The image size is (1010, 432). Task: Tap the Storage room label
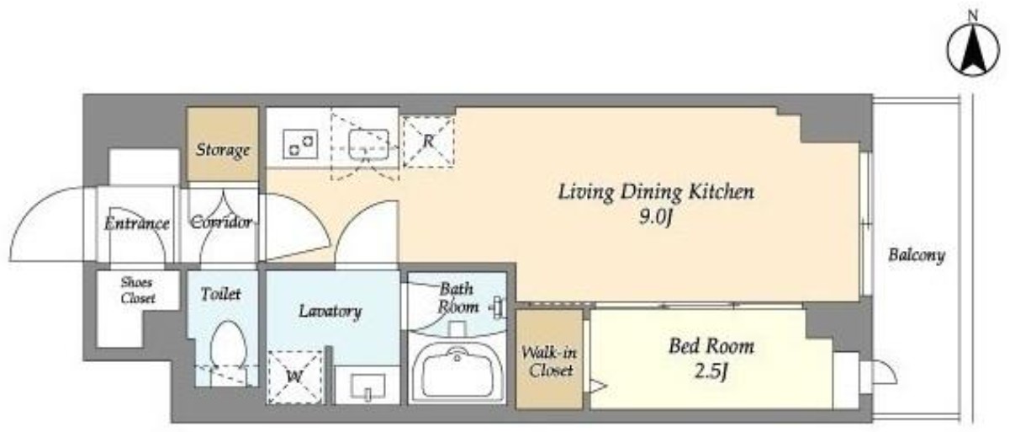[x=223, y=150]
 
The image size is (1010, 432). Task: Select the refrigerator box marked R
[x=428, y=141]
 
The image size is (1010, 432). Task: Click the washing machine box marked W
[x=295, y=376]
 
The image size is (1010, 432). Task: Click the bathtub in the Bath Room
[x=457, y=371]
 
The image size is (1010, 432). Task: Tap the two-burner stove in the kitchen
[x=300, y=144]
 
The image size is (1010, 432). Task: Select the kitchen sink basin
[x=369, y=145]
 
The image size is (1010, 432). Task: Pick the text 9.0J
[x=656, y=218]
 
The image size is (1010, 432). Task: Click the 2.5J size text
[x=711, y=372]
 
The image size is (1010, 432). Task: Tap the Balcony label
[x=917, y=255]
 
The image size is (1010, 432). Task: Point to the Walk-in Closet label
[x=549, y=361]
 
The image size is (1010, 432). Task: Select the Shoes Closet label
[x=138, y=291]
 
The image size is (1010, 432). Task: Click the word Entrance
[x=137, y=223]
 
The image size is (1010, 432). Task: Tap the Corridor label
[x=221, y=222]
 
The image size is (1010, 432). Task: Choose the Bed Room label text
[x=711, y=346]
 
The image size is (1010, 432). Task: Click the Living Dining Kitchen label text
[x=656, y=192]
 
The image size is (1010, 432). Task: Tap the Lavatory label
[x=330, y=312]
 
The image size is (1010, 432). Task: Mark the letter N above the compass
[x=973, y=16]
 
